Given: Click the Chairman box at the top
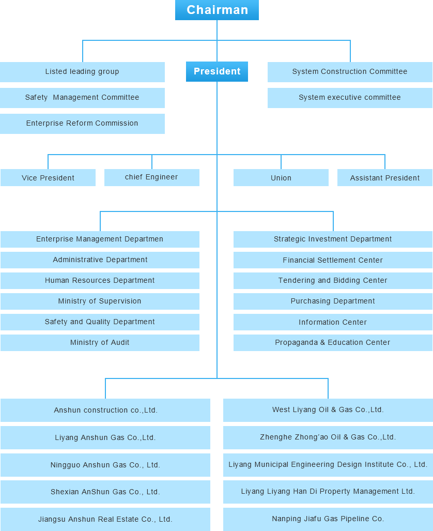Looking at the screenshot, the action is point(217,10).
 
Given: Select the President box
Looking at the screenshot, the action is point(217,71).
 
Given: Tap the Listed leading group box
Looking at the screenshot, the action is point(82,72).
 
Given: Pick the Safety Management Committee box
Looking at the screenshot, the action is point(82,98).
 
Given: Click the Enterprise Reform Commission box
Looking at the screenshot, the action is point(82,124).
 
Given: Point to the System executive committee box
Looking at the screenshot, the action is point(350,98).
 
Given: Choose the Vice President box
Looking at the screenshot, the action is point(48,177).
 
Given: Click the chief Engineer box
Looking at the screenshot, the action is point(152,177).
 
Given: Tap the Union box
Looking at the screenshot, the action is point(281,177).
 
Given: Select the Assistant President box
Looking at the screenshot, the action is point(385,177).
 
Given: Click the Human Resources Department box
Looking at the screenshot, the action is point(100,281).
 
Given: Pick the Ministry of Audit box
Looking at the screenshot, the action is point(100,343).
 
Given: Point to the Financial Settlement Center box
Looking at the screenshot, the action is point(333,260).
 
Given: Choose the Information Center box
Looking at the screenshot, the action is point(333,322).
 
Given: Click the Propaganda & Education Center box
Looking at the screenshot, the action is point(333,343).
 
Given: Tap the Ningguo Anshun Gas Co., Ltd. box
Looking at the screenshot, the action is point(105,465).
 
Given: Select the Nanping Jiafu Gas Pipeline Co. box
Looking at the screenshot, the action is point(328,519).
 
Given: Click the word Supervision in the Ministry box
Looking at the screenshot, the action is point(120,301).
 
